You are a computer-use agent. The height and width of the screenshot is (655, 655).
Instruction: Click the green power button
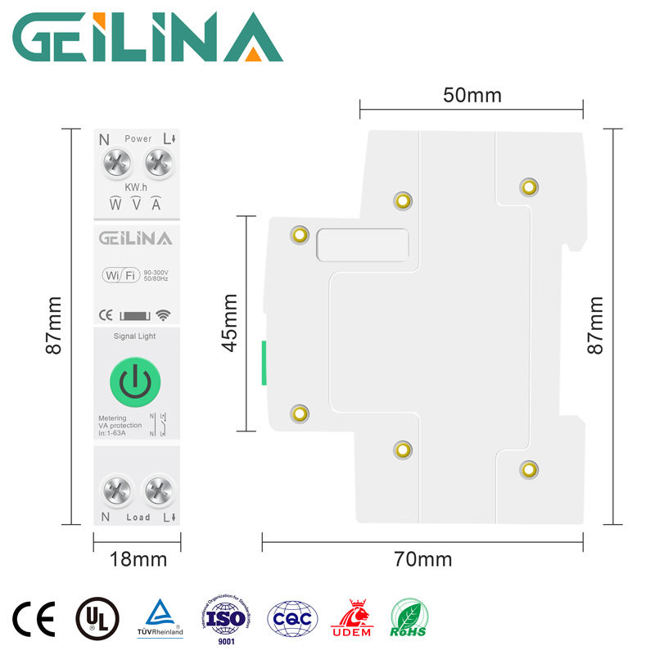tap(134, 382)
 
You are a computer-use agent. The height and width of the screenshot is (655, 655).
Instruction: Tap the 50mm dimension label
tap(472, 95)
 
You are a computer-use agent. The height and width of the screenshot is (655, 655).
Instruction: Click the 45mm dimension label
tap(230, 323)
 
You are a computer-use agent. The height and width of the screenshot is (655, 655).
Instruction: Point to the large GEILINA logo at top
tap(148, 38)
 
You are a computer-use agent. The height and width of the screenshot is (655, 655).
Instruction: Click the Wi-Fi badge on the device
tap(120, 275)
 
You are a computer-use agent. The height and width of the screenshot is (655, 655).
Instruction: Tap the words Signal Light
tap(134, 336)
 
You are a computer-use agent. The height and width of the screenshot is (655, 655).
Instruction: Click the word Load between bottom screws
tap(138, 517)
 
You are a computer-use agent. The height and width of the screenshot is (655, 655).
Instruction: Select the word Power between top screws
tap(138, 139)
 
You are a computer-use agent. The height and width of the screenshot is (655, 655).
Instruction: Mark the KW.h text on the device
tap(136, 188)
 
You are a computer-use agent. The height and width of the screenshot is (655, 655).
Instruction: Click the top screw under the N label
tap(117, 164)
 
